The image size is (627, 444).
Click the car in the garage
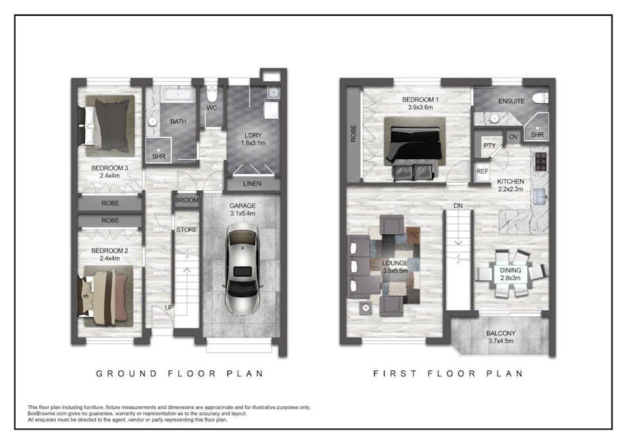click(243, 269)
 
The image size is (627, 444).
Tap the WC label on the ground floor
click(212, 108)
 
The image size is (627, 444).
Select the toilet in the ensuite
click(540, 98)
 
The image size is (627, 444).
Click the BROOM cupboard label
click(187, 200)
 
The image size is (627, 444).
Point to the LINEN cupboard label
click(252, 184)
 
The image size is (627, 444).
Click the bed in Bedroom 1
click(415, 148)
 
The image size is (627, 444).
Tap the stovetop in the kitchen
click(540, 162)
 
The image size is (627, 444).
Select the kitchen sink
click(540, 197)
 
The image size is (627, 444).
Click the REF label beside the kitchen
click(482, 172)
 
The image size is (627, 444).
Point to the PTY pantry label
click(490, 146)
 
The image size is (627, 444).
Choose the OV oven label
click(513, 137)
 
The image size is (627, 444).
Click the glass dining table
click(510, 274)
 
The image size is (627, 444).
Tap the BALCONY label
click(501, 333)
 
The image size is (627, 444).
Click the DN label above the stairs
click(458, 206)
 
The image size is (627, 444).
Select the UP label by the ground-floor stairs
click(169, 307)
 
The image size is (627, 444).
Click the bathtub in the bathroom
click(178, 94)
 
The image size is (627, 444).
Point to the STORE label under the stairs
click(187, 230)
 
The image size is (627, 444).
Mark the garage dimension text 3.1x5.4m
click(243, 214)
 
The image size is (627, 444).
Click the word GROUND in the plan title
click(126, 374)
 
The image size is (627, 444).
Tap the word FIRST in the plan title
click(395, 374)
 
